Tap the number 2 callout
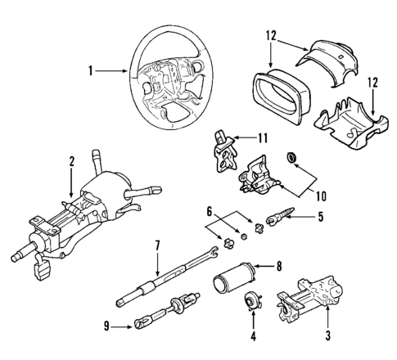coord(72,162)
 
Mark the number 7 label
coord(156,244)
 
